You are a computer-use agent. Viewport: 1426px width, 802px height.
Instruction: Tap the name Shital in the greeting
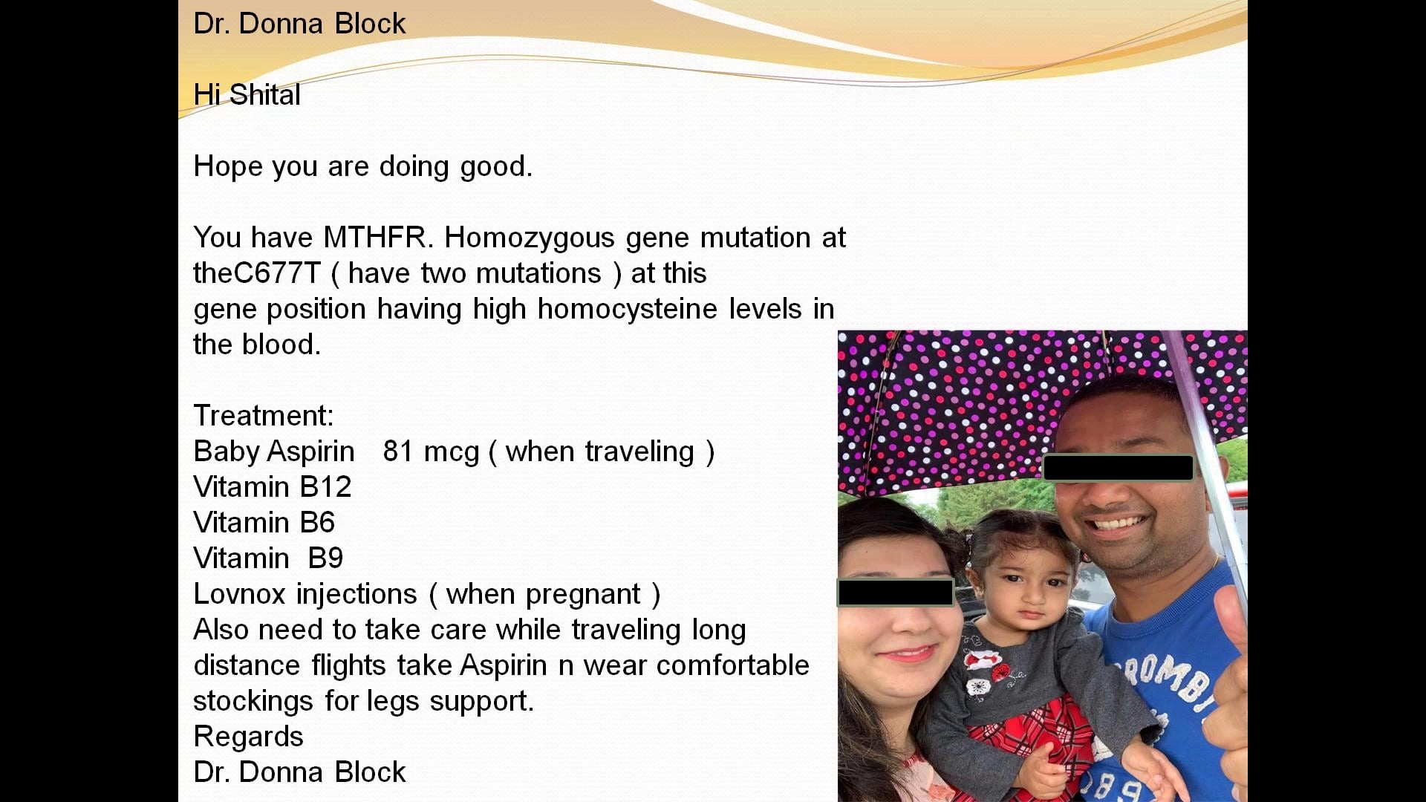click(x=265, y=95)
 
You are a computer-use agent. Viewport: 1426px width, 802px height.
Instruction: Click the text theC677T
click(x=257, y=273)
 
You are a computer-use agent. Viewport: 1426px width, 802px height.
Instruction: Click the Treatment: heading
click(x=264, y=416)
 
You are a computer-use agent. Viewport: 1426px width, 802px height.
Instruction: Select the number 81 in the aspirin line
click(x=397, y=451)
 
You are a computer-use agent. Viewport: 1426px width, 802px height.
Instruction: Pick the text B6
click(x=318, y=523)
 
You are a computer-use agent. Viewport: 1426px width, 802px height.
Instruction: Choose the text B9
click(x=326, y=558)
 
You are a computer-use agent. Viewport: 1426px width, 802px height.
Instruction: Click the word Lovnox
click(x=239, y=594)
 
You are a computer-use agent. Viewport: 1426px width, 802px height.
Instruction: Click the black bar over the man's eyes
click(x=1119, y=468)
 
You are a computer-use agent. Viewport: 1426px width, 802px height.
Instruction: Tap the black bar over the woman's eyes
click(x=896, y=593)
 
